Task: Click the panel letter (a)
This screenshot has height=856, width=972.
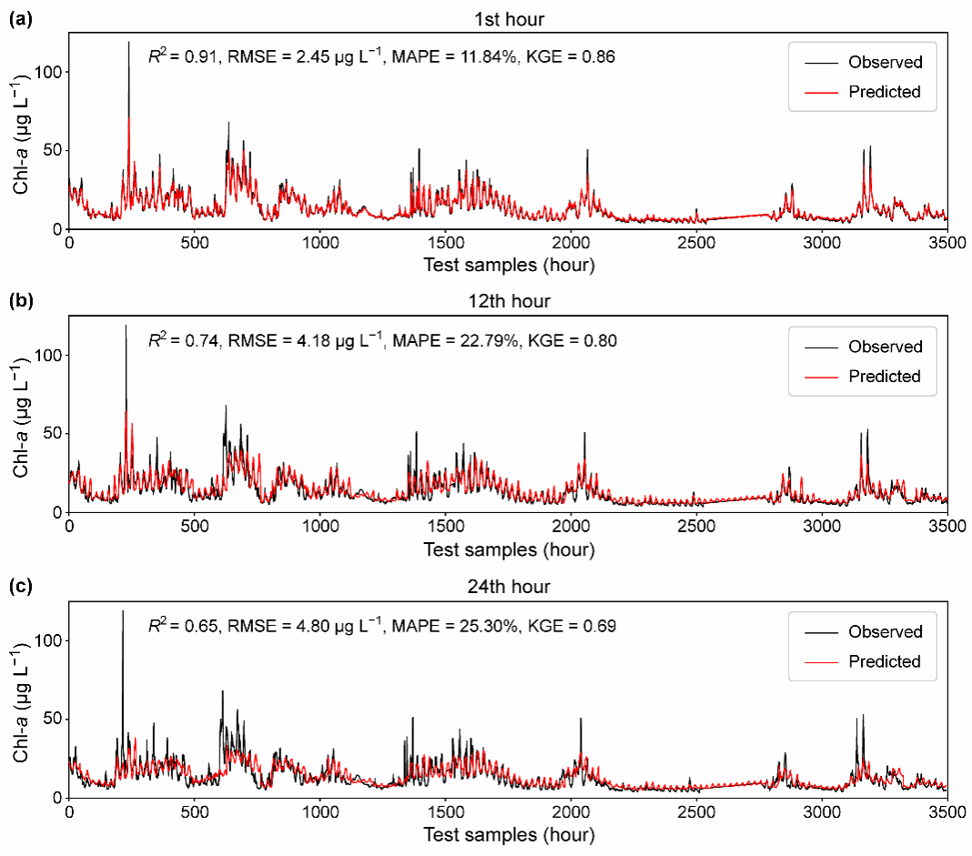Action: point(19,16)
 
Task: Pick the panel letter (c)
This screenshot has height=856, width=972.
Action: point(19,586)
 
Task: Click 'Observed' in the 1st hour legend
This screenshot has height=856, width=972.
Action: point(885,63)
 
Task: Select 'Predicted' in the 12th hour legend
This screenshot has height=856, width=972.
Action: point(885,377)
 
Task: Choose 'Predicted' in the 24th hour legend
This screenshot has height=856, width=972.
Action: point(885,661)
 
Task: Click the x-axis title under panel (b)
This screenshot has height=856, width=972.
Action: point(508,550)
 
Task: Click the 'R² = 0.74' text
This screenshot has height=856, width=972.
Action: point(183,342)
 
